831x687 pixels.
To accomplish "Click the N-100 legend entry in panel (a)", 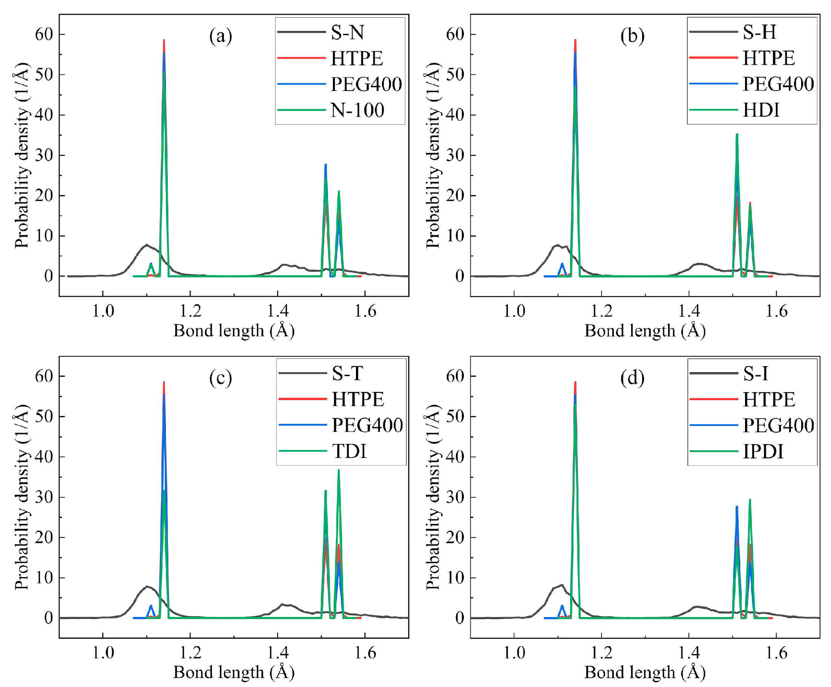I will click(357, 110).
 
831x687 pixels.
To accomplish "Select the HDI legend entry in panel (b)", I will click(760, 110).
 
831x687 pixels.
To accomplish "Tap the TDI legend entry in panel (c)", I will click(349, 451).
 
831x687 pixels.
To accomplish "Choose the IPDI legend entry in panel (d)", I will click(763, 451).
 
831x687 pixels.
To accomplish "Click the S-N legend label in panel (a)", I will click(347, 32).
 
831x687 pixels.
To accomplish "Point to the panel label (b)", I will click(632, 36).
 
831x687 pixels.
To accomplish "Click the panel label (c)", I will click(220, 378).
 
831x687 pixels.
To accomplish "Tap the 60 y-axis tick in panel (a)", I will click(44, 34).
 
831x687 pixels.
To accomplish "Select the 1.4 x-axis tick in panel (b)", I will click(689, 311).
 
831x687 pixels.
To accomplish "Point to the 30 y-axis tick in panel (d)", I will click(455, 497).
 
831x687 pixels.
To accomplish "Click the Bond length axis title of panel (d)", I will click(645, 672).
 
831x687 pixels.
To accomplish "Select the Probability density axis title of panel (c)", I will click(22, 497).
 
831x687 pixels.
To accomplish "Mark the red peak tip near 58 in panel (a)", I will click(164, 40).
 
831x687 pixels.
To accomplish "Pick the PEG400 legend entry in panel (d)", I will click(777, 425).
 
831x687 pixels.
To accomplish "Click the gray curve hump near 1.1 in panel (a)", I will click(147, 245).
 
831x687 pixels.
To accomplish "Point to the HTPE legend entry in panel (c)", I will click(357, 399).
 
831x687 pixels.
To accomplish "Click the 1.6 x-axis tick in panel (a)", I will click(365, 311).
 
